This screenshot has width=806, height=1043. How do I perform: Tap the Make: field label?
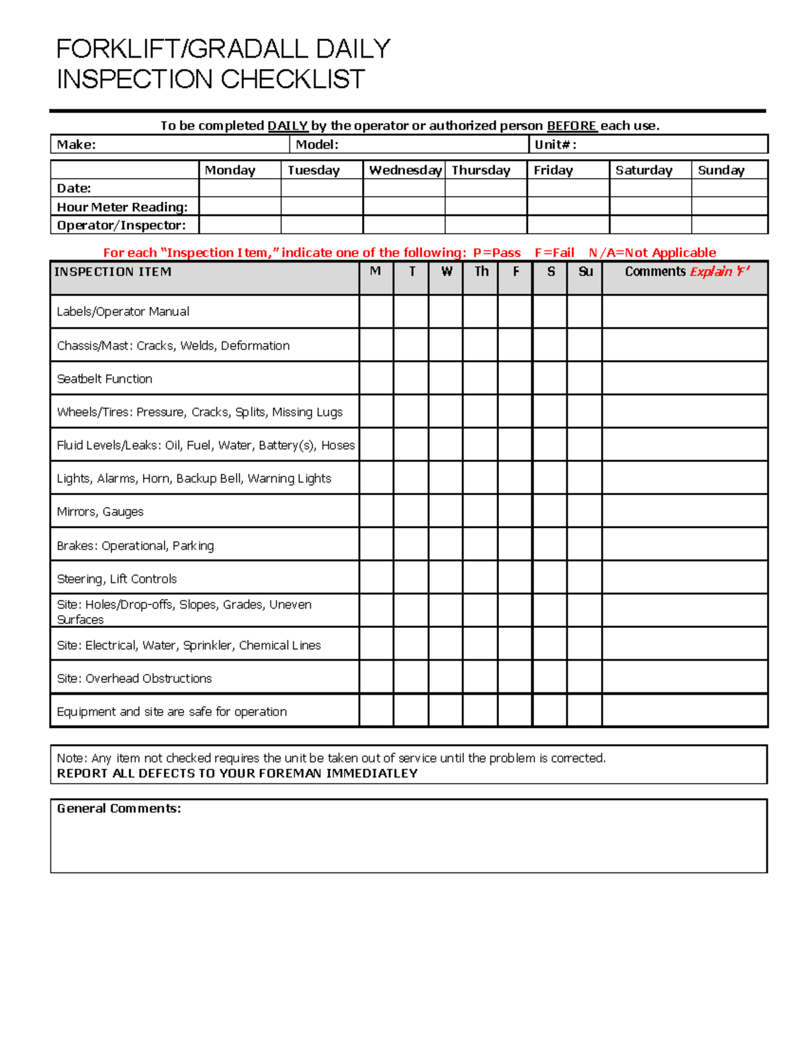click(76, 144)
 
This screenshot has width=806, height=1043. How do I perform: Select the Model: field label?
click(317, 144)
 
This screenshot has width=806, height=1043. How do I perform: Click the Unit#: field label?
click(555, 144)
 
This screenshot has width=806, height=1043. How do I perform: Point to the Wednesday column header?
click(405, 170)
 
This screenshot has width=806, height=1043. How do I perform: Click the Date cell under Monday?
click(240, 188)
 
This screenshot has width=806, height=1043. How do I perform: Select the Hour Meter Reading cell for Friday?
click(568, 206)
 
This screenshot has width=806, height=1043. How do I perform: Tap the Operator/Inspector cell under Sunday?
click(729, 224)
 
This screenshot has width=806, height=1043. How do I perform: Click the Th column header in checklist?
click(481, 271)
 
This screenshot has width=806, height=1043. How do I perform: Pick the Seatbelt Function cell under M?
click(376, 378)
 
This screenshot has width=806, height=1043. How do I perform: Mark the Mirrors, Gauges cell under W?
click(446, 511)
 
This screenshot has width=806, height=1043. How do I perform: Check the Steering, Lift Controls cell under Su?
click(584, 578)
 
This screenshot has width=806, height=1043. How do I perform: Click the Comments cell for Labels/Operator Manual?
click(684, 312)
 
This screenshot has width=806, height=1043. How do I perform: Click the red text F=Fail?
click(554, 253)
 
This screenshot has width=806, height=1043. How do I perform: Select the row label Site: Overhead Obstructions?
click(134, 678)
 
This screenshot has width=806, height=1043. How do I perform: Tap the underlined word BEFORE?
click(572, 126)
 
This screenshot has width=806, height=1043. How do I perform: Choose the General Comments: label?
click(119, 808)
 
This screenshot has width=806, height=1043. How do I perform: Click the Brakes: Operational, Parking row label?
click(136, 545)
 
